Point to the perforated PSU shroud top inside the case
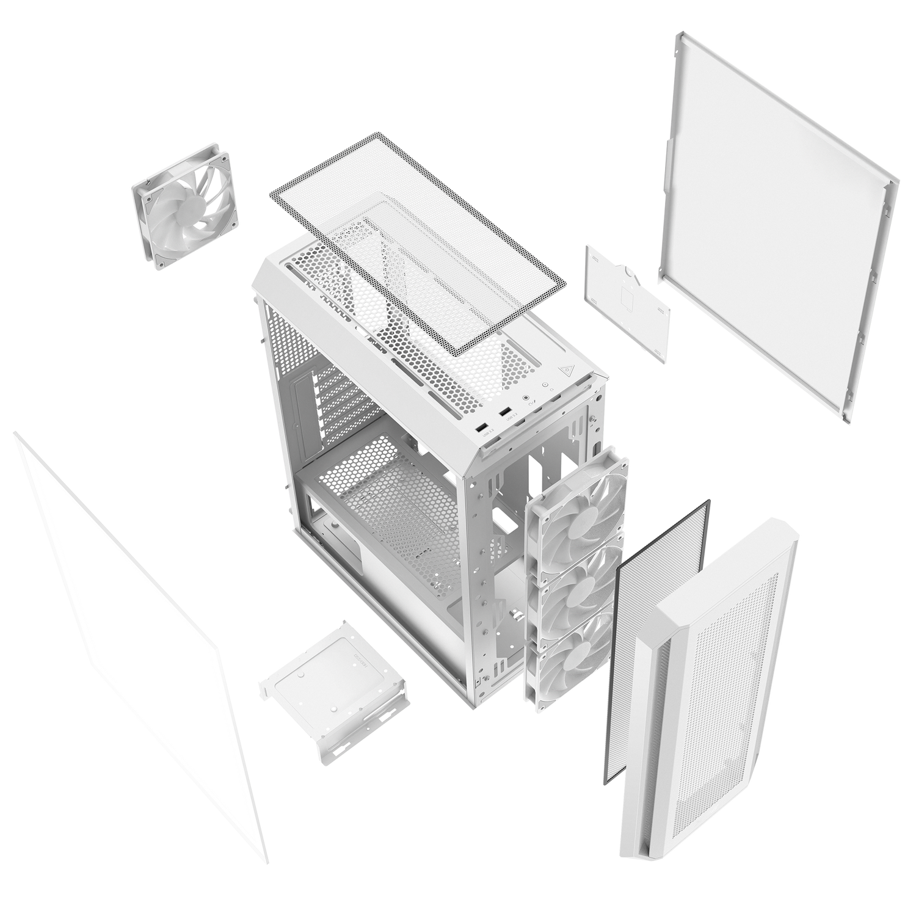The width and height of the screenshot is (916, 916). coord(391,489)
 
